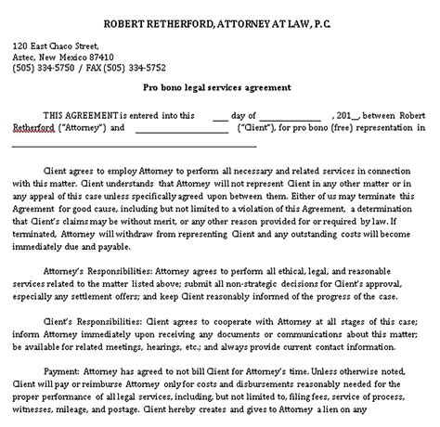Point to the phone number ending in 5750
coord(54,67)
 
